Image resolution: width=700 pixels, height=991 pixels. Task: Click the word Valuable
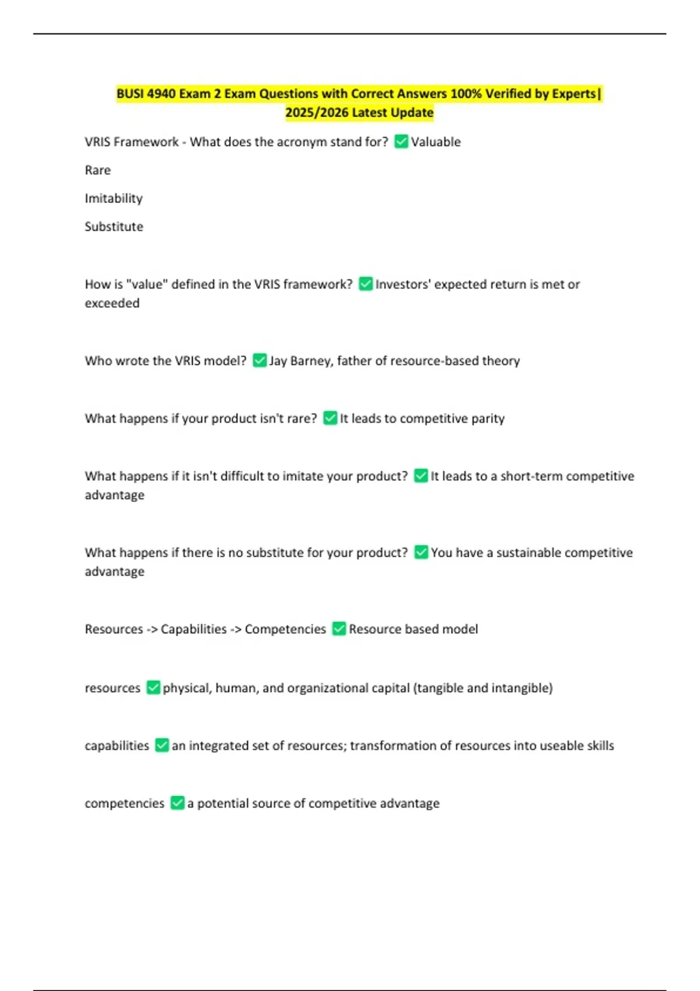pyautogui.click(x=436, y=142)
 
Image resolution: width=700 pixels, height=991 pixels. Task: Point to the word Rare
pyautogui.click(x=97, y=170)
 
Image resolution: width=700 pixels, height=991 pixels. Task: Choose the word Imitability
pyautogui.click(x=114, y=198)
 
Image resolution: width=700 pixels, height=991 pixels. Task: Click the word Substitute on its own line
pyautogui.click(x=114, y=227)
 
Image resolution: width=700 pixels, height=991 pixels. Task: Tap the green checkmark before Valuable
pyautogui.click(x=401, y=142)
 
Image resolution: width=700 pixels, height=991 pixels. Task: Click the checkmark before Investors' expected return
pyautogui.click(x=366, y=284)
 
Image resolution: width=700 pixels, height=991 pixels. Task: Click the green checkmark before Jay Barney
pyautogui.click(x=260, y=361)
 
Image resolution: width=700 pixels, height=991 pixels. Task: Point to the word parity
pyautogui.click(x=489, y=419)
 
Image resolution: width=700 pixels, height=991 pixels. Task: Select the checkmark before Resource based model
pyautogui.click(x=339, y=629)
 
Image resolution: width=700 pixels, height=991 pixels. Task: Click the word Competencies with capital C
pyautogui.click(x=285, y=629)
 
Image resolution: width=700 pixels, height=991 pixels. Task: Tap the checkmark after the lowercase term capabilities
pyautogui.click(x=162, y=746)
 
